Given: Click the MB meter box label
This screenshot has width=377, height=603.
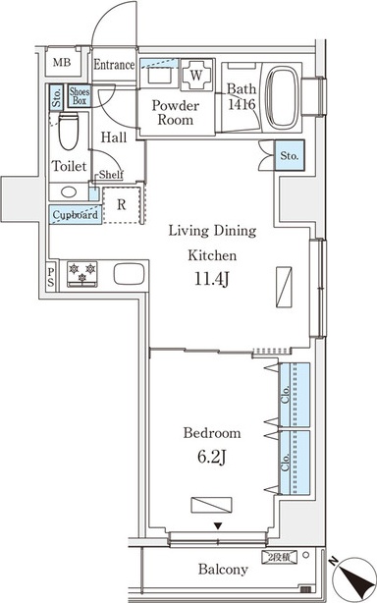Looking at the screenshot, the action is pyautogui.click(x=62, y=62).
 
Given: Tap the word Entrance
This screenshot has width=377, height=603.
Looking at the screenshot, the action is pyautogui.click(x=114, y=65).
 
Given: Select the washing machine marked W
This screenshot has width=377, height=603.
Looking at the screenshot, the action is pyautogui.click(x=196, y=75).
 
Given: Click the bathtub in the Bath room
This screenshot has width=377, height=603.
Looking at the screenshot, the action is pyautogui.click(x=283, y=98).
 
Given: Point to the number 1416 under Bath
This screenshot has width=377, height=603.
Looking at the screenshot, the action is pyautogui.click(x=242, y=104).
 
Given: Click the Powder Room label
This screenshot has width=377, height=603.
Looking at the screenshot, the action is pyautogui.click(x=176, y=112).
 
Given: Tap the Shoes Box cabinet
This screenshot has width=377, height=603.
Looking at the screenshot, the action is pyautogui.click(x=80, y=96).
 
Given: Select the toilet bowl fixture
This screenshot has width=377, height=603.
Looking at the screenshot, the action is pyautogui.click(x=69, y=132).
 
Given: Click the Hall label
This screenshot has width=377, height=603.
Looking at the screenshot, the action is pyautogui.click(x=114, y=137).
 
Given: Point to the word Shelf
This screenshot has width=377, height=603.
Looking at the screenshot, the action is pyautogui.click(x=111, y=175).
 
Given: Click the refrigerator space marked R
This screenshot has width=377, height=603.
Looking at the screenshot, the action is pyautogui.click(x=122, y=204).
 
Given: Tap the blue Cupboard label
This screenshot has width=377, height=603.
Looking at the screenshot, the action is pyautogui.click(x=76, y=215).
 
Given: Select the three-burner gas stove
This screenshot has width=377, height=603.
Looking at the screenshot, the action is pyautogui.click(x=82, y=274).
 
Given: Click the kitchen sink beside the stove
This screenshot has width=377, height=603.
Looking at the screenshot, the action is pyautogui.click(x=130, y=274).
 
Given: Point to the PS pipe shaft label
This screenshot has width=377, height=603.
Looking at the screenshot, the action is pyautogui.click(x=51, y=279).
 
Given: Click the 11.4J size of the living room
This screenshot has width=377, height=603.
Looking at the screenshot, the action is pyautogui.click(x=212, y=280).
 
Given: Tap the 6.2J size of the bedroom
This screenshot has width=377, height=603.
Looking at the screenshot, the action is pyautogui.click(x=212, y=458).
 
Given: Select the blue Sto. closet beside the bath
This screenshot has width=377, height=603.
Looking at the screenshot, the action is pyautogui.click(x=290, y=156).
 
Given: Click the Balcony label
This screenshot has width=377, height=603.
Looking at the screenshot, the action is pyautogui.click(x=223, y=569).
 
